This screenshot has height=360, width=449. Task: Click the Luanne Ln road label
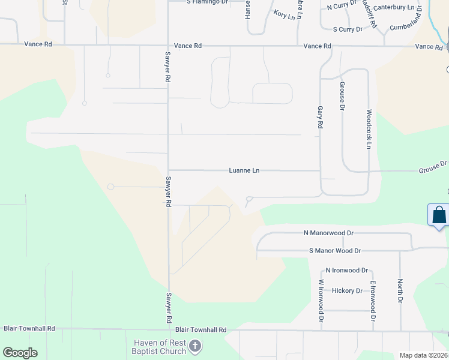[x=244, y=170]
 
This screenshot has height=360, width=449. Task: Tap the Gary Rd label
[x=320, y=117]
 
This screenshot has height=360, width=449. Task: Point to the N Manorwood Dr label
[x=329, y=233]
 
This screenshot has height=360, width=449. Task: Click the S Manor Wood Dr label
[x=335, y=251]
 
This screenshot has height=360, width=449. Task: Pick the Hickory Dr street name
[x=347, y=291]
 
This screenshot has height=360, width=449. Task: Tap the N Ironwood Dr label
[x=346, y=271]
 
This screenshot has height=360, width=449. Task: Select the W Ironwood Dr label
[x=321, y=301]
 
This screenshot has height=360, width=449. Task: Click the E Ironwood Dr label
[x=373, y=301]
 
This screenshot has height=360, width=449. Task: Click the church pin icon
[x=194, y=346]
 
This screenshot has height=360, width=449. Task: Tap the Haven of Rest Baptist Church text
[x=160, y=347]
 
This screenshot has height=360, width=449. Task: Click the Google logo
[x=20, y=353]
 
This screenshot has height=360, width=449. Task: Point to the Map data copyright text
[x=423, y=355]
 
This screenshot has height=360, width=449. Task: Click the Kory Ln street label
[x=284, y=14]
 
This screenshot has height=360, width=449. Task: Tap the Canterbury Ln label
[x=393, y=8]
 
